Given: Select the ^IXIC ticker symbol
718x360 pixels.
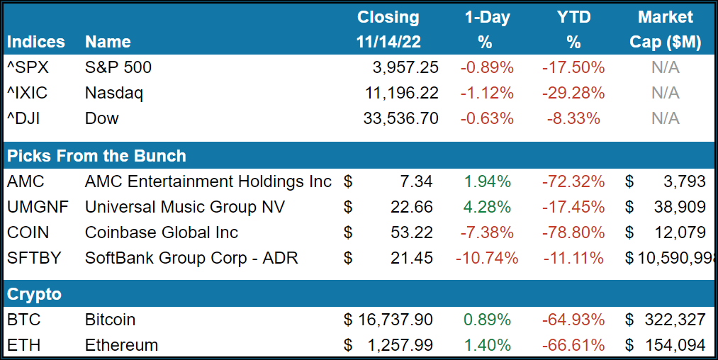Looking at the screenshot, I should pyautogui.click(x=26, y=93).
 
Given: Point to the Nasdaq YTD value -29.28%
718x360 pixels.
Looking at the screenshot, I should pyautogui.click(x=573, y=93).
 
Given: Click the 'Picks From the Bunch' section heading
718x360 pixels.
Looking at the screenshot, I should pyautogui.click(x=96, y=156).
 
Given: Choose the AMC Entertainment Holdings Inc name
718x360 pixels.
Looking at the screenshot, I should pyautogui.click(x=208, y=181).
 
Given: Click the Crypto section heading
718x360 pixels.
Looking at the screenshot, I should pyautogui.click(x=34, y=294).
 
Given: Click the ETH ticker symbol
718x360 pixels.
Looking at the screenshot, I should pyautogui.click(x=23, y=345).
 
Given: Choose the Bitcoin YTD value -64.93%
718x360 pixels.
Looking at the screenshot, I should pyautogui.click(x=573, y=320).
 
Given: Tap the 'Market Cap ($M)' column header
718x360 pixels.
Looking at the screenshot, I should pyautogui.click(x=665, y=30).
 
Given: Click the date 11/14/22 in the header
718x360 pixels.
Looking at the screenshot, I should pyautogui.click(x=388, y=43).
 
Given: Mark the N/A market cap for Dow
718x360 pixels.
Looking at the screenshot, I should pyautogui.click(x=665, y=118).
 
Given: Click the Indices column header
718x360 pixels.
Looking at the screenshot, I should pyautogui.click(x=35, y=43).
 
